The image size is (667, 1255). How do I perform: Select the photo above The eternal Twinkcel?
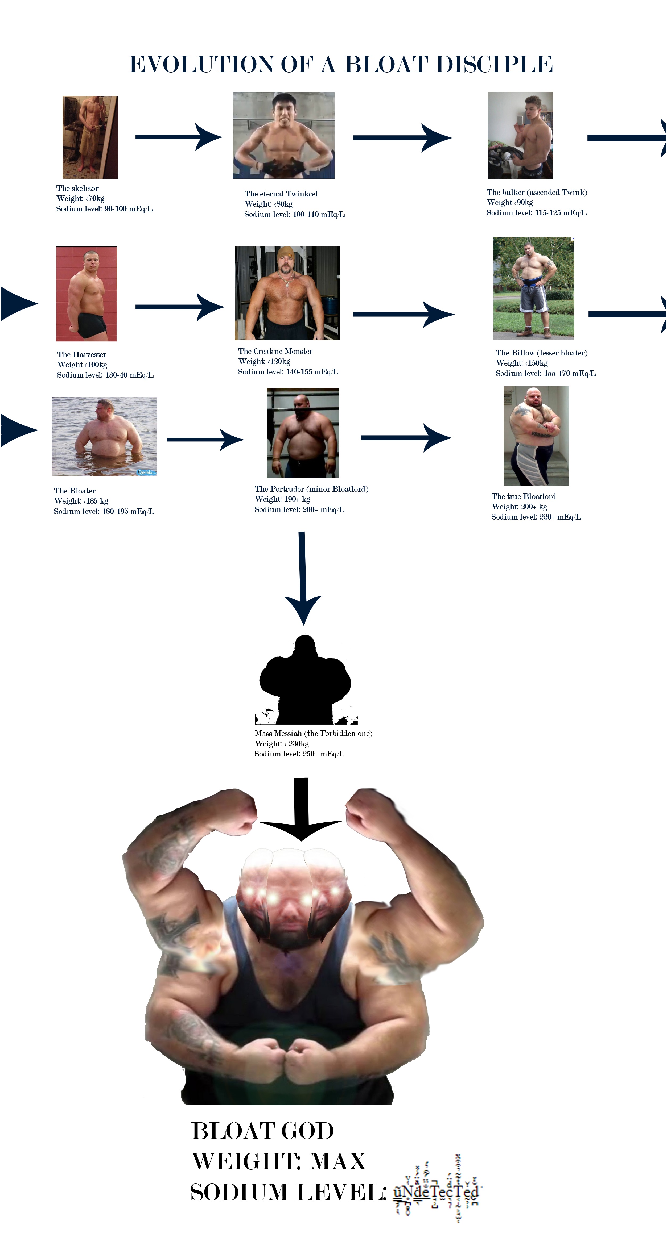(x=283, y=135)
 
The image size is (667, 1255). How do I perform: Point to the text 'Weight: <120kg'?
(x=264, y=362)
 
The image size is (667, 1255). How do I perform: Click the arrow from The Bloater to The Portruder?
(x=205, y=440)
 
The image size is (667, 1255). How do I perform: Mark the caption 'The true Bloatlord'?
(x=523, y=496)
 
